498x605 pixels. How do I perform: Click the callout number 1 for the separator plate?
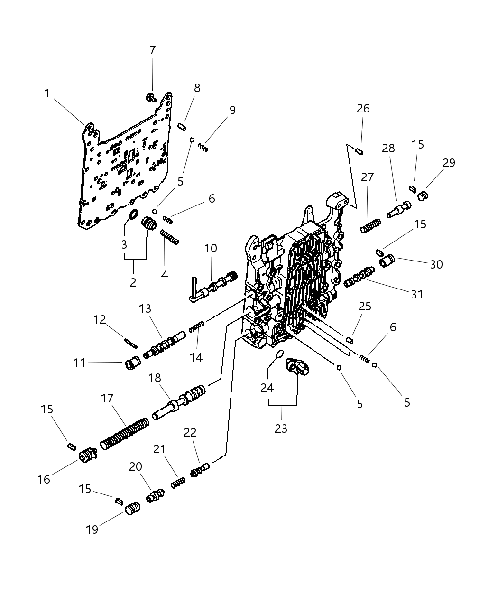coord(47,93)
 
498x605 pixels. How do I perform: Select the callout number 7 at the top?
coord(152,50)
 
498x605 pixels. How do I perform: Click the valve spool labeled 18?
coord(180,403)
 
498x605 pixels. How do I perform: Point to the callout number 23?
coord(281,428)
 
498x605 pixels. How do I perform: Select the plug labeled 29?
coord(423,195)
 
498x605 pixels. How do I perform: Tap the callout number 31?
coord(416,294)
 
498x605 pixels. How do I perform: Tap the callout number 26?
coord(363,109)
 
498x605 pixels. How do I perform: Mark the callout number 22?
coord(190,432)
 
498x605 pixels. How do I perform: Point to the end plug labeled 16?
coord(86,457)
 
